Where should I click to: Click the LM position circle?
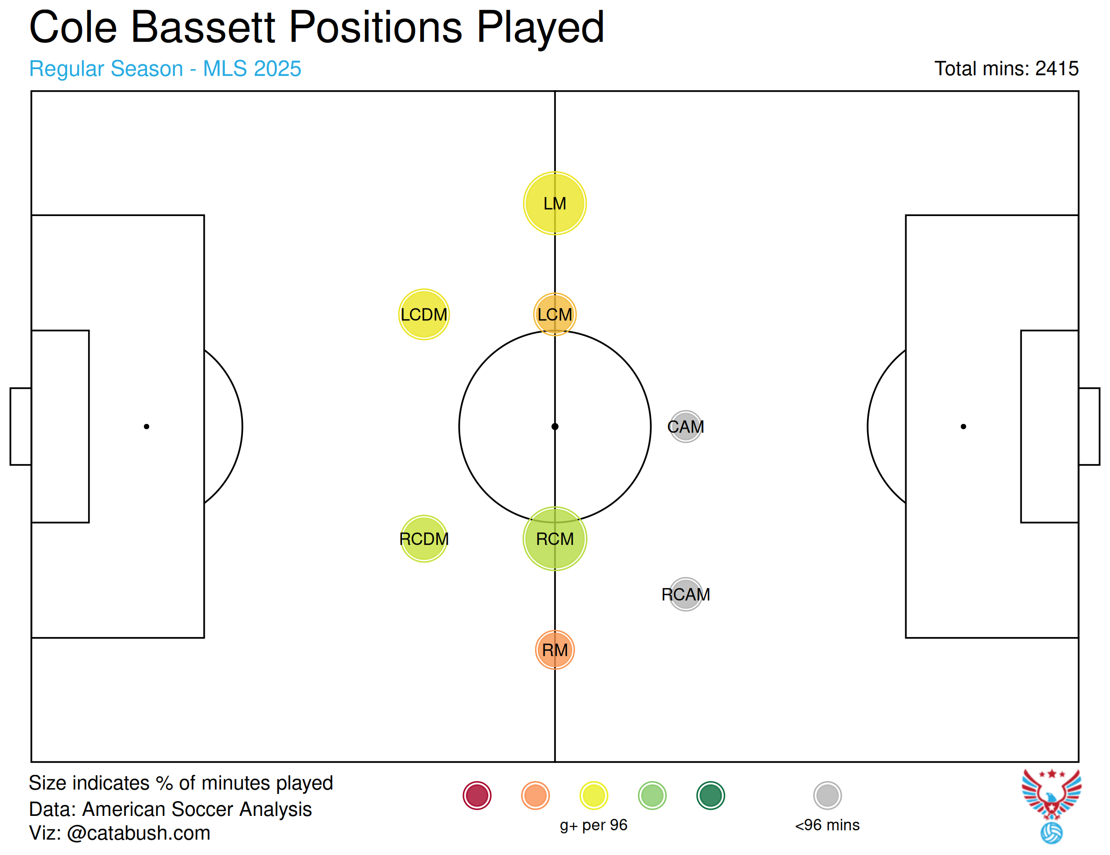coord(555,204)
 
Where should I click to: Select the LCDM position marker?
coord(424,314)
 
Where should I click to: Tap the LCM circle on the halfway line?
coord(555,314)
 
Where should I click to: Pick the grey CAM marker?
coord(686,426)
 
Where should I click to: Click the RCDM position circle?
coord(424,539)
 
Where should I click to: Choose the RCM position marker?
coord(555,539)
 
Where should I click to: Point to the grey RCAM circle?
coord(686,594)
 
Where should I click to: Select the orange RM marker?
coord(555,650)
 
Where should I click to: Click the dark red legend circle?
coord(477,795)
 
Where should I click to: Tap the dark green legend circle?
coord(710,795)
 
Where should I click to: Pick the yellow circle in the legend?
coord(594,795)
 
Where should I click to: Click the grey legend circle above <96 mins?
coord(827,795)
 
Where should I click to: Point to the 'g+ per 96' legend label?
coord(594,825)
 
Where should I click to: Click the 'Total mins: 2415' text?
coord(1006,68)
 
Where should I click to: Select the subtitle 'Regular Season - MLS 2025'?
coord(165,68)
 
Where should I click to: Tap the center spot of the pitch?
coord(555,426)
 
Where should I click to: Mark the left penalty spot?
coord(146,426)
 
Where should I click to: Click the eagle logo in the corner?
coord(1051,806)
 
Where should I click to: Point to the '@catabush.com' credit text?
coord(138,833)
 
